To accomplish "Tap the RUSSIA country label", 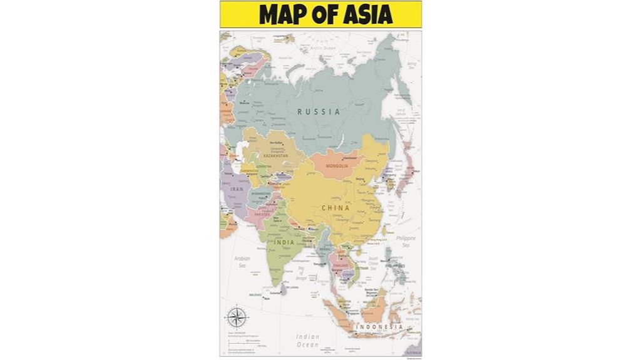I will pyautogui.click(x=319, y=112).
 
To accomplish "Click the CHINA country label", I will pyautogui.click(x=336, y=208).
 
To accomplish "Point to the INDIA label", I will pyautogui.click(x=285, y=242).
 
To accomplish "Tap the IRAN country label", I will pyautogui.click(x=237, y=188).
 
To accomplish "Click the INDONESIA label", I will pyautogui.click(x=379, y=327).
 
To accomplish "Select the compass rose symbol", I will pyautogui.click(x=235, y=316).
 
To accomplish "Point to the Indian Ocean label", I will pyautogui.click(x=307, y=341).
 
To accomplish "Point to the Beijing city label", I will pyautogui.click(x=359, y=180).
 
